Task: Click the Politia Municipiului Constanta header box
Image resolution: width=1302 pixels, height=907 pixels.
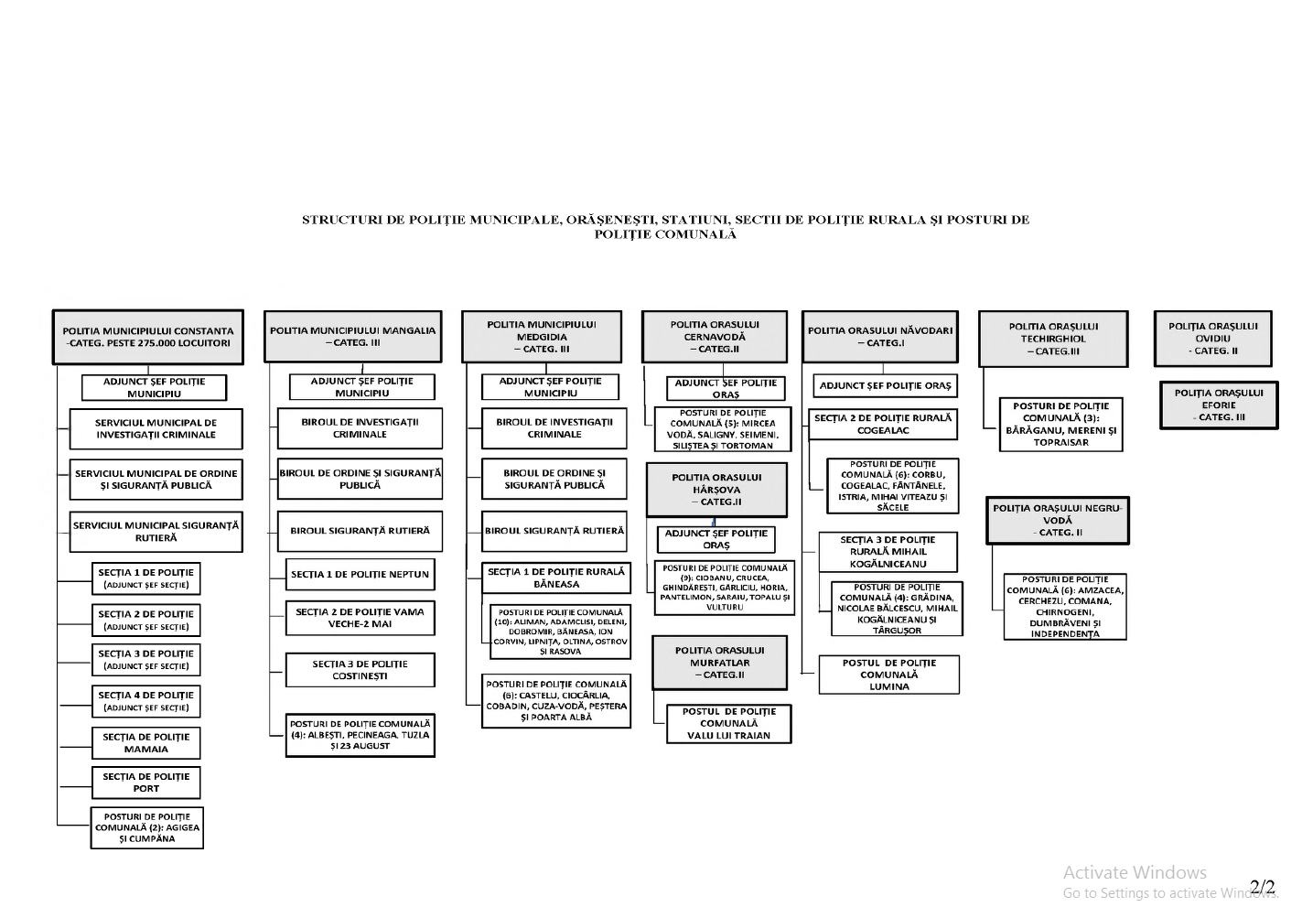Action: point(147,337)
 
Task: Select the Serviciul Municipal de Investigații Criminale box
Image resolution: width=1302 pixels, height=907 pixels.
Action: point(156,428)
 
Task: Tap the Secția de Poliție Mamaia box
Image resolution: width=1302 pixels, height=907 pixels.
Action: point(146,742)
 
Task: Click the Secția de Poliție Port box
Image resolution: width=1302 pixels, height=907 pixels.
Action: point(146,783)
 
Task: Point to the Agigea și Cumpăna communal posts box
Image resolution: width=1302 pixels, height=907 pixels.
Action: point(147,827)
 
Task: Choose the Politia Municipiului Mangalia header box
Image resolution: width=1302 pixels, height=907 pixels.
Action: point(352,336)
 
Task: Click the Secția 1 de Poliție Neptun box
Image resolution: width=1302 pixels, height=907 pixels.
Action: point(360,574)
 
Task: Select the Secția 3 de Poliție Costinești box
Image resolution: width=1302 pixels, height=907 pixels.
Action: point(360,670)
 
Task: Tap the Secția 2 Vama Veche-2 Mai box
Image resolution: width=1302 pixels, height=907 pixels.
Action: point(360,618)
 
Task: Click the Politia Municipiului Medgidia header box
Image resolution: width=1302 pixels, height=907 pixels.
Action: point(542,336)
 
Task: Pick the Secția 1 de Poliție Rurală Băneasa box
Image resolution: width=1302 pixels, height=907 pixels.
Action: point(556,578)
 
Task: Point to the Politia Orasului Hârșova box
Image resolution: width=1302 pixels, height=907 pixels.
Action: point(716,490)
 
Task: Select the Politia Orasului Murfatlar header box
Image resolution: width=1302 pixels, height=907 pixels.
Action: point(719,663)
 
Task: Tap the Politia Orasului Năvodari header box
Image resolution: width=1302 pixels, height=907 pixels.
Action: point(880,336)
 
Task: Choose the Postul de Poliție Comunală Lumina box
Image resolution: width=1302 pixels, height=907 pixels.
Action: point(888,675)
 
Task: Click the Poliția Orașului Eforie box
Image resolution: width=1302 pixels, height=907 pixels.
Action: point(1218,405)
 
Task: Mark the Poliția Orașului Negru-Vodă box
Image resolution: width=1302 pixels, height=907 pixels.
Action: point(1057,520)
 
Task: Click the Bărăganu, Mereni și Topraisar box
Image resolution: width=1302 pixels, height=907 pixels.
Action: point(1060,424)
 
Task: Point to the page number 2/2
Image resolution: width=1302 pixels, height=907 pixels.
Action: point(1262,887)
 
